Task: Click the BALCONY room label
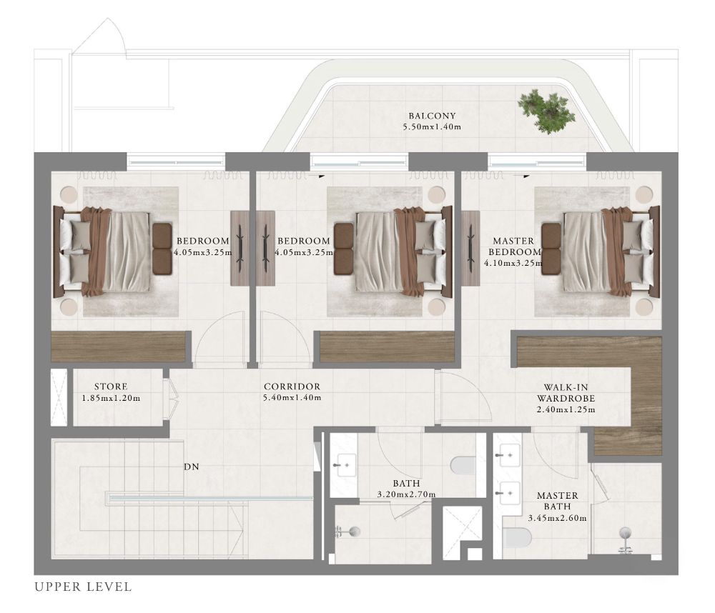(x=432, y=116)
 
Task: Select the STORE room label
(x=111, y=387)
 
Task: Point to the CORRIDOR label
(x=292, y=387)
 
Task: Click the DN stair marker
(x=192, y=467)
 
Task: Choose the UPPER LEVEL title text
(x=84, y=587)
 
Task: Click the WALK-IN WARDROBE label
(x=566, y=393)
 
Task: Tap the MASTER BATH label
(x=557, y=501)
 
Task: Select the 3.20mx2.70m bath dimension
(x=406, y=494)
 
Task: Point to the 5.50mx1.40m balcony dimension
(x=432, y=126)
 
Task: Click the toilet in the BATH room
(x=463, y=466)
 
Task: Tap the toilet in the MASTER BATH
(x=518, y=538)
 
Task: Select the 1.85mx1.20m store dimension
(x=111, y=398)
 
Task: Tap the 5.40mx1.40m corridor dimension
(x=292, y=397)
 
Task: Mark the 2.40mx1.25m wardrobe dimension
(x=566, y=409)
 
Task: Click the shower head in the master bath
(x=625, y=532)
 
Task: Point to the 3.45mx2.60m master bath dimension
(x=557, y=518)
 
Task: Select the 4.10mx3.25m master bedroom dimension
(x=513, y=263)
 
